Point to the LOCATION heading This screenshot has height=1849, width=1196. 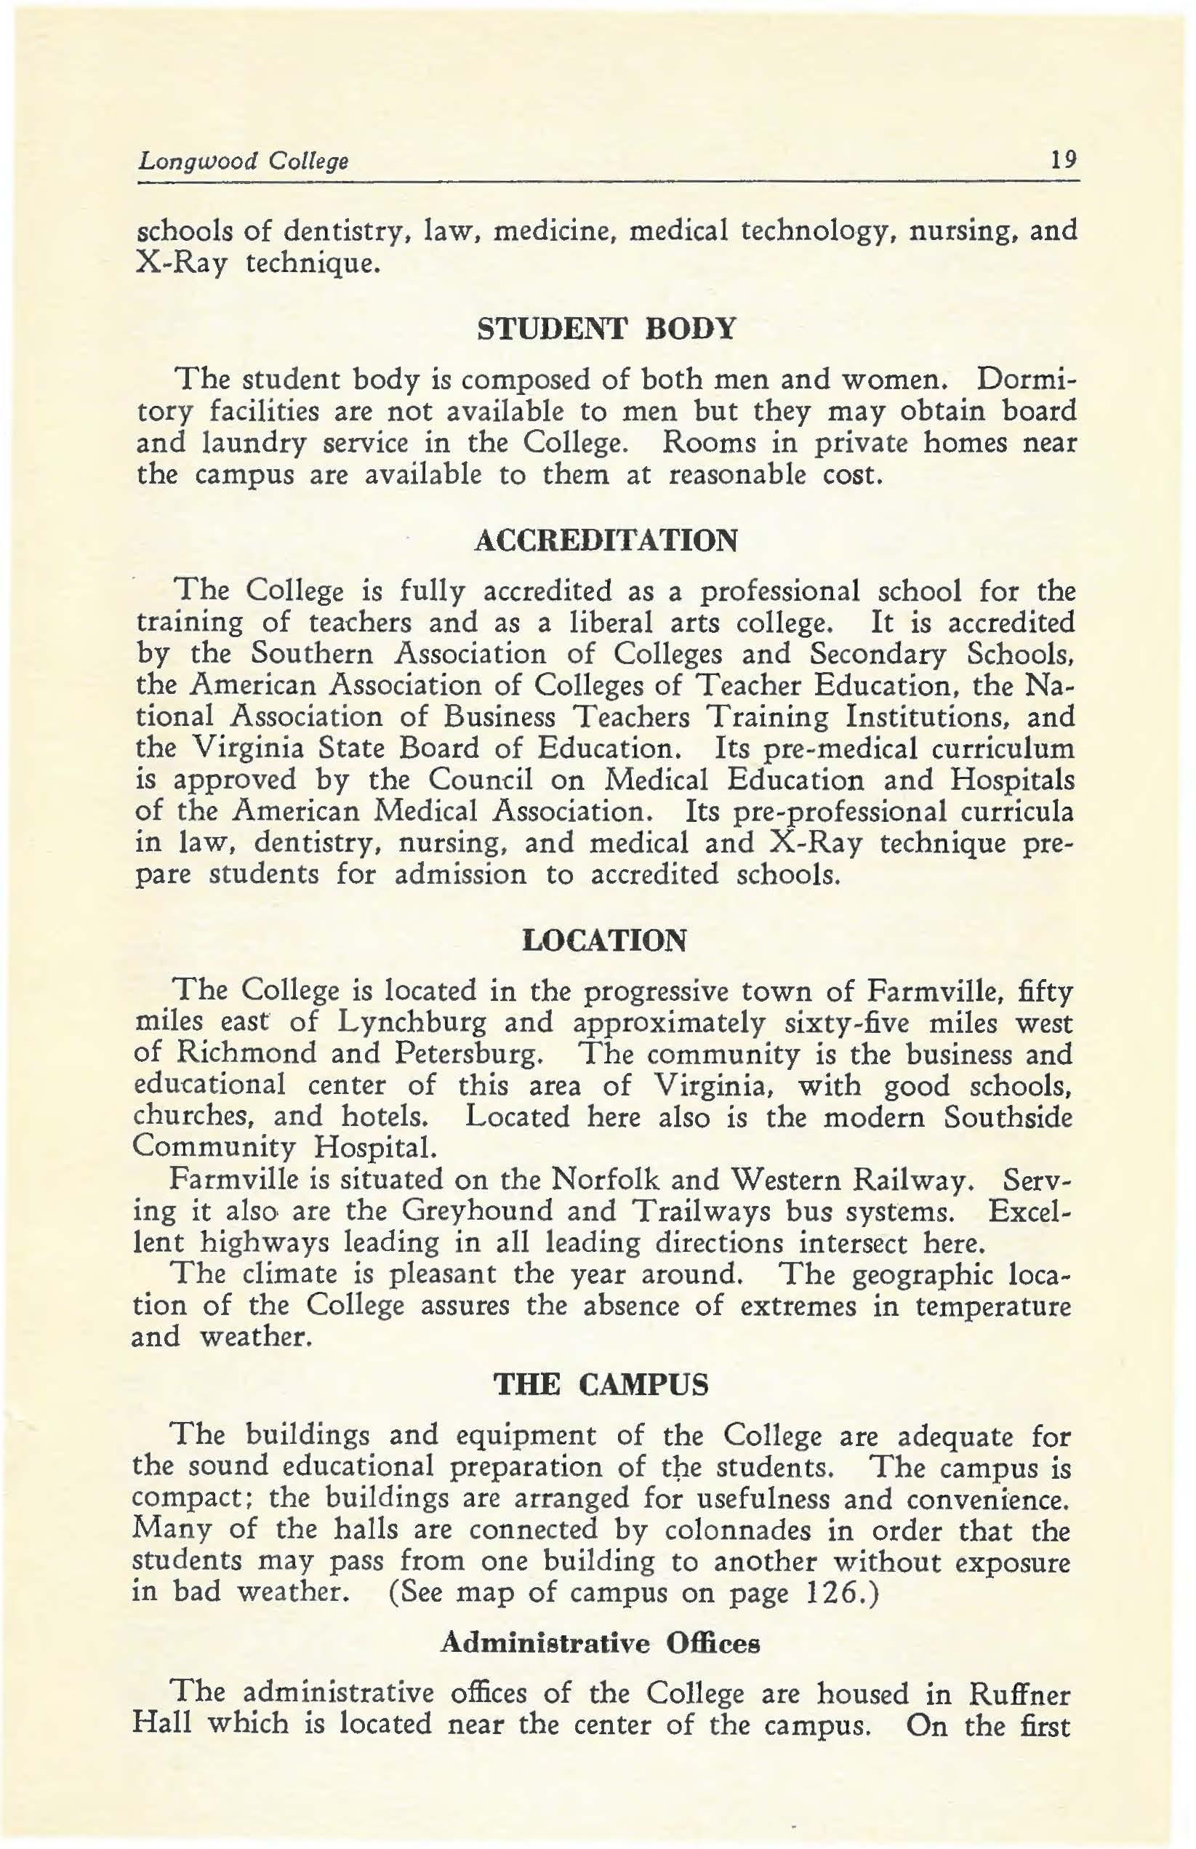(605, 941)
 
